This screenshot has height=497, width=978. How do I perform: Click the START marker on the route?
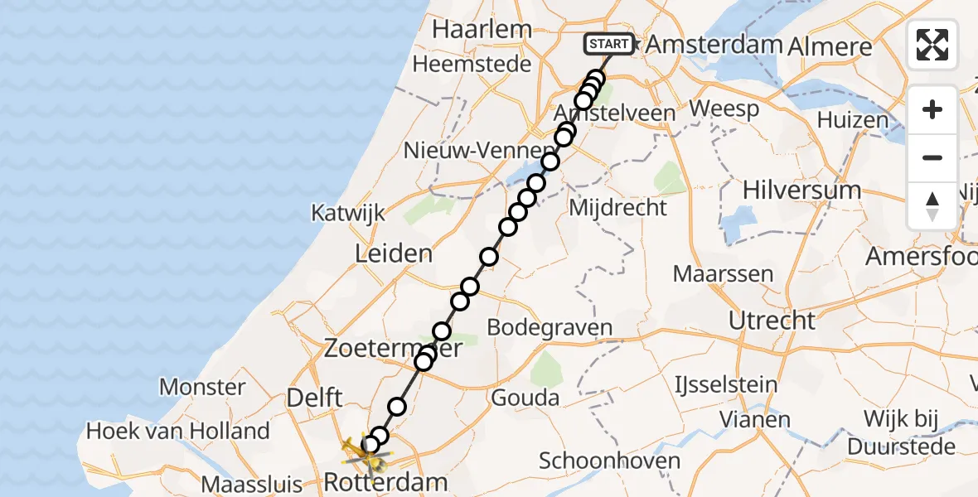click(x=609, y=43)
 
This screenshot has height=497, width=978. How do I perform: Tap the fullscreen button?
click(x=932, y=45)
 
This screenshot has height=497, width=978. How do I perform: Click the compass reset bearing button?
click(x=932, y=206)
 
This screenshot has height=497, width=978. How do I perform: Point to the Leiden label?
click(x=393, y=253)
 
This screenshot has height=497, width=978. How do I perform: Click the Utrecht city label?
click(x=772, y=320)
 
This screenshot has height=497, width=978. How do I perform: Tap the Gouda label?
click(x=525, y=398)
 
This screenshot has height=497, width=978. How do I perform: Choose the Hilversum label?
click(x=801, y=190)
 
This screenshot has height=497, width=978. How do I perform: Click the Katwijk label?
click(x=348, y=213)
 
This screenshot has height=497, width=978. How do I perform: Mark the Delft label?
click(x=314, y=398)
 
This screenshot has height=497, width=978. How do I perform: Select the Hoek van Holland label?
click(x=178, y=431)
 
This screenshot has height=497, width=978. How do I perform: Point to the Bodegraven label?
click(x=550, y=327)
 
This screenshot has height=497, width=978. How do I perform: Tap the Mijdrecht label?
click(x=617, y=207)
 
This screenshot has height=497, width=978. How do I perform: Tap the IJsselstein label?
click(x=726, y=384)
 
